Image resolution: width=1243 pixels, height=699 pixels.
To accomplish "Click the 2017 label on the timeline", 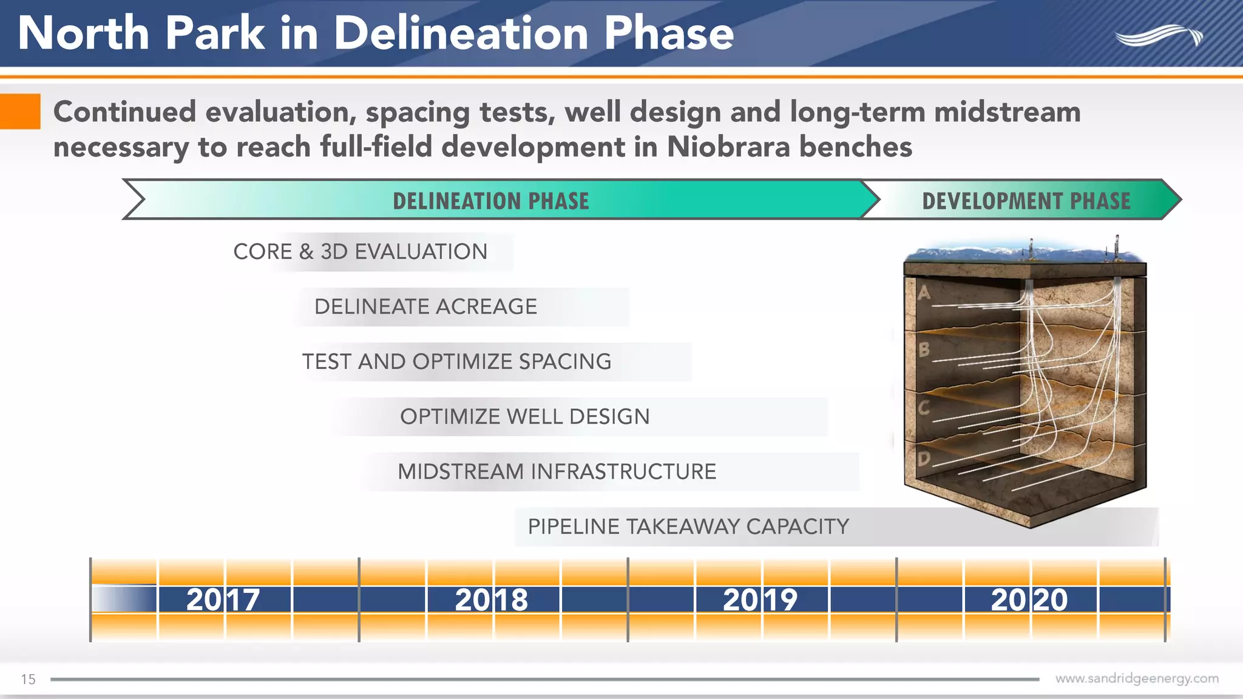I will pyautogui.click(x=223, y=599).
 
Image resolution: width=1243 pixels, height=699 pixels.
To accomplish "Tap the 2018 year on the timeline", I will pyautogui.click(x=492, y=599).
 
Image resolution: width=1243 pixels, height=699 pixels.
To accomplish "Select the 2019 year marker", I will pyautogui.click(x=760, y=599).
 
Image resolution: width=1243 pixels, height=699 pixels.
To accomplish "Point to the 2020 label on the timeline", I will pyautogui.click(x=1029, y=599).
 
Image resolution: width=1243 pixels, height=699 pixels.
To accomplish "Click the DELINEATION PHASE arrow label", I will pyautogui.click(x=490, y=201).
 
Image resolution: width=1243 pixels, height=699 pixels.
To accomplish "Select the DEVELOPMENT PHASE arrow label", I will pyautogui.click(x=1026, y=201).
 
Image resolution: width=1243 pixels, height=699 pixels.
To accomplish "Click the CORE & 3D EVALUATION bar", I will pyautogui.click(x=361, y=252).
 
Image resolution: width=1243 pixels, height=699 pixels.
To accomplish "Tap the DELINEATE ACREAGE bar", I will pyautogui.click(x=425, y=306).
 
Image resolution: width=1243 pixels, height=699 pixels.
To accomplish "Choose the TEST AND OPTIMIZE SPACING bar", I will pyautogui.click(x=457, y=362).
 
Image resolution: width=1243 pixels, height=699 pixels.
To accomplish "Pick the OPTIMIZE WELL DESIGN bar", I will pyautogui.click(x=525, y=417).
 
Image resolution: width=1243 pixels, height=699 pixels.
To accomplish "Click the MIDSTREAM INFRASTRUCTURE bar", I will pyautogui.click(x=557, y=471).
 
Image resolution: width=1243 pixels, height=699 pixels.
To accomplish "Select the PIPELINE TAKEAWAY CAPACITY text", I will pyautogui.click(x=688, y=527).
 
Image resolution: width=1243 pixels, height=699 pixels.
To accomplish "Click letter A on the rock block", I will pyautogui.click(x=924, y=294).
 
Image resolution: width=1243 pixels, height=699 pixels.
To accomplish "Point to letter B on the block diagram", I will pyautogui.click(x=924, y=349).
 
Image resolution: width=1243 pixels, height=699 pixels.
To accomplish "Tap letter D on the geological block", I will pyautogui.click(x=924, y=459).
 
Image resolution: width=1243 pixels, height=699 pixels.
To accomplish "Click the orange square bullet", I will pyautogui.click(x=20, y=112).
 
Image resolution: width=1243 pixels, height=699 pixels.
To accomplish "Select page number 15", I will pyautogui.click(x=28, y=679).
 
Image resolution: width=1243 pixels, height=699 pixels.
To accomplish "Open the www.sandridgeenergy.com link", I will pyautogui.click(x=1136, y=678).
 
